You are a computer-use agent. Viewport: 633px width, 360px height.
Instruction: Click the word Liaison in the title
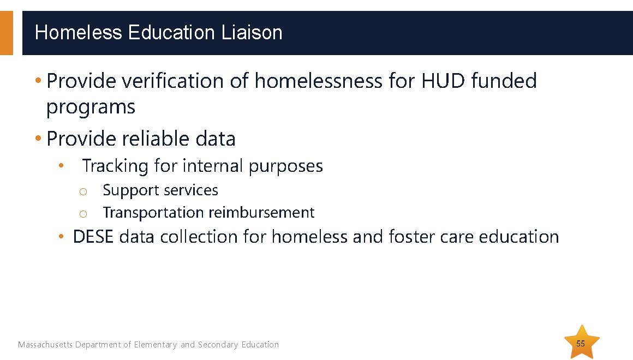point(252,32)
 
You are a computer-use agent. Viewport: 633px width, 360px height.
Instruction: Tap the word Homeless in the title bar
point(79,32)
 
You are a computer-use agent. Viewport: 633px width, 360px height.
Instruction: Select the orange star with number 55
point(581,342)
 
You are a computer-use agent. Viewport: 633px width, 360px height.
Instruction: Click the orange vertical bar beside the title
point(7,33)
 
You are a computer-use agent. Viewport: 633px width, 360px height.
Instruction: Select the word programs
point(91,107)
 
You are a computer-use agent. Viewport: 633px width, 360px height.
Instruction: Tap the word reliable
point(156,139)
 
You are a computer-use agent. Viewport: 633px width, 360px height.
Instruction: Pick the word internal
point(213,166)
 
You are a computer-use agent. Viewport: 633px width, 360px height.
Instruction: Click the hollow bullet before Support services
point(83,191)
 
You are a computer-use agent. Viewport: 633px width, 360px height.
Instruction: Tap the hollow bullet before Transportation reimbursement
point(83,214)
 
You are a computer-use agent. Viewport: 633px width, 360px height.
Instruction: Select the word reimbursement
point(261,212)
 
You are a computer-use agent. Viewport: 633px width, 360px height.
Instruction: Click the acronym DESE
point(93,237)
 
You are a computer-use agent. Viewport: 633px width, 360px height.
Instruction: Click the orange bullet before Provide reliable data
point(38,139)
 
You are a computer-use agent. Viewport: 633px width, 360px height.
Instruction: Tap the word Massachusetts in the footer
point(45,345)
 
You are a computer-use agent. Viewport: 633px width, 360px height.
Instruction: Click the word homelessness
point(318,81)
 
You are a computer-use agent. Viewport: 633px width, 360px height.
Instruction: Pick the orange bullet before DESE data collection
point(61,237)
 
